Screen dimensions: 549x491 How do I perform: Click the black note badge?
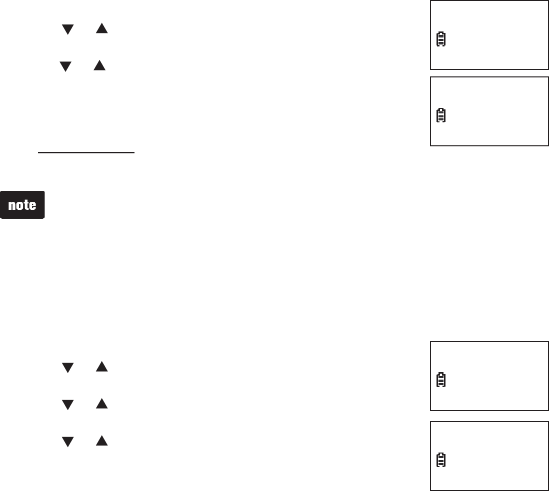point(23,204)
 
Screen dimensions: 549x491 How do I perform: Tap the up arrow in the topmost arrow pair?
point(102,29)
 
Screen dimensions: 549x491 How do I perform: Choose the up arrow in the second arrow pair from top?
point(99,65)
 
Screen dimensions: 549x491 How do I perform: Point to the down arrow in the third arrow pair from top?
point(67,368)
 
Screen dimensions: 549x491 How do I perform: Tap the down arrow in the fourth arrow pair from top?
point(67,404)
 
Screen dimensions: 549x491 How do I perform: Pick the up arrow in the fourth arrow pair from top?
point(102,404)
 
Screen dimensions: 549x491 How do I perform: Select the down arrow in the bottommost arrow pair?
point(67,441)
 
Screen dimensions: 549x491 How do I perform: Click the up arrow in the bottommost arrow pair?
point(102,441)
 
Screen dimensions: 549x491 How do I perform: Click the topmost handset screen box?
point(489,34)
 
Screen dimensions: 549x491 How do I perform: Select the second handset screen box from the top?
point(489,111)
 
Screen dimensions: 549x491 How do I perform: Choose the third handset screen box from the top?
point(489,376)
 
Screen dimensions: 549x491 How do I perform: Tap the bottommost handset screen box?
point(489,455)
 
